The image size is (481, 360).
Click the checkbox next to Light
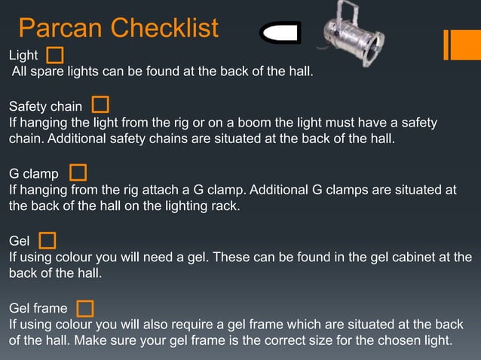tap(55, 55)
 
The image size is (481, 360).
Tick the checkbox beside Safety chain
tap(100, 105)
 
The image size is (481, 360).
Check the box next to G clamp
tap(78, 172)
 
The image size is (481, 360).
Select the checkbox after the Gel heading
tap(47, 240)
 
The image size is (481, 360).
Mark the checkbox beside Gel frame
tap(85, 308)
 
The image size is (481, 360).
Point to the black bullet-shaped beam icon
tap(280, 33)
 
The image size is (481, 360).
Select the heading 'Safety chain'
tap(45, 107)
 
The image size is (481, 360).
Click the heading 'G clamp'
tap(33, 175)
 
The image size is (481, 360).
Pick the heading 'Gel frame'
tap(38, 309)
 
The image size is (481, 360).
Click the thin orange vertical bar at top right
tap(446, 44)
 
